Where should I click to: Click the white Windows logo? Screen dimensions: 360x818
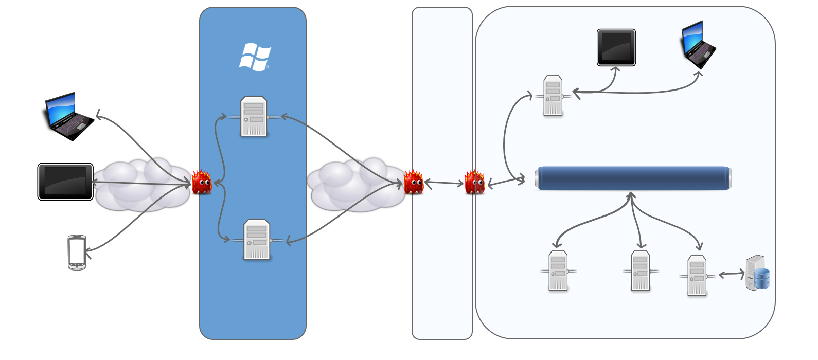click(255, 57)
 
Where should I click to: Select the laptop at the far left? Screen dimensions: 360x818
click(66, 116)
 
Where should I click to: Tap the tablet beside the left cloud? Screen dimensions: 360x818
click(65, 182)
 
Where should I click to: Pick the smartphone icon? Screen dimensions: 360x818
click(77, 253)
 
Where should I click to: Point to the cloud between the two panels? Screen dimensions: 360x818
click(355, 184)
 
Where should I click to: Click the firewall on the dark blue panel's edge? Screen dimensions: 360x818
click(201, 182)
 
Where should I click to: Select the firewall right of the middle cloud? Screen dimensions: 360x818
click(413, 182)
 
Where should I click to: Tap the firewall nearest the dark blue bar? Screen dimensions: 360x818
click(474, 183)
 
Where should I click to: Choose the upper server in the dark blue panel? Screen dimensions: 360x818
click(254, 117)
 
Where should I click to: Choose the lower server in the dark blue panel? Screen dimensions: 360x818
click(257, 240)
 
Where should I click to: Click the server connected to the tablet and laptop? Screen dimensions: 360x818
click(553, 96)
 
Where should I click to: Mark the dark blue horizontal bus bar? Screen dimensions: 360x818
click(633, 178)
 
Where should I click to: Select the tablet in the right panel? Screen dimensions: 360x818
click(616, 48)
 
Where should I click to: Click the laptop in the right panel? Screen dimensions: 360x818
click(698, 45)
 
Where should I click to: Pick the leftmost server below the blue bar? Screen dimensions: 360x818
click(558, 271)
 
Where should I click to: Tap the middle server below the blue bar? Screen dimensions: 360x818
click(641, 271)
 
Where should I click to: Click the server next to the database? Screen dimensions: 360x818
click(697, 276)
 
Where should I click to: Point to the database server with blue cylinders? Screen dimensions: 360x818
click(758, 273)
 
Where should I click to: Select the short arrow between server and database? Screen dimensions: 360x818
click(732, 275)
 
